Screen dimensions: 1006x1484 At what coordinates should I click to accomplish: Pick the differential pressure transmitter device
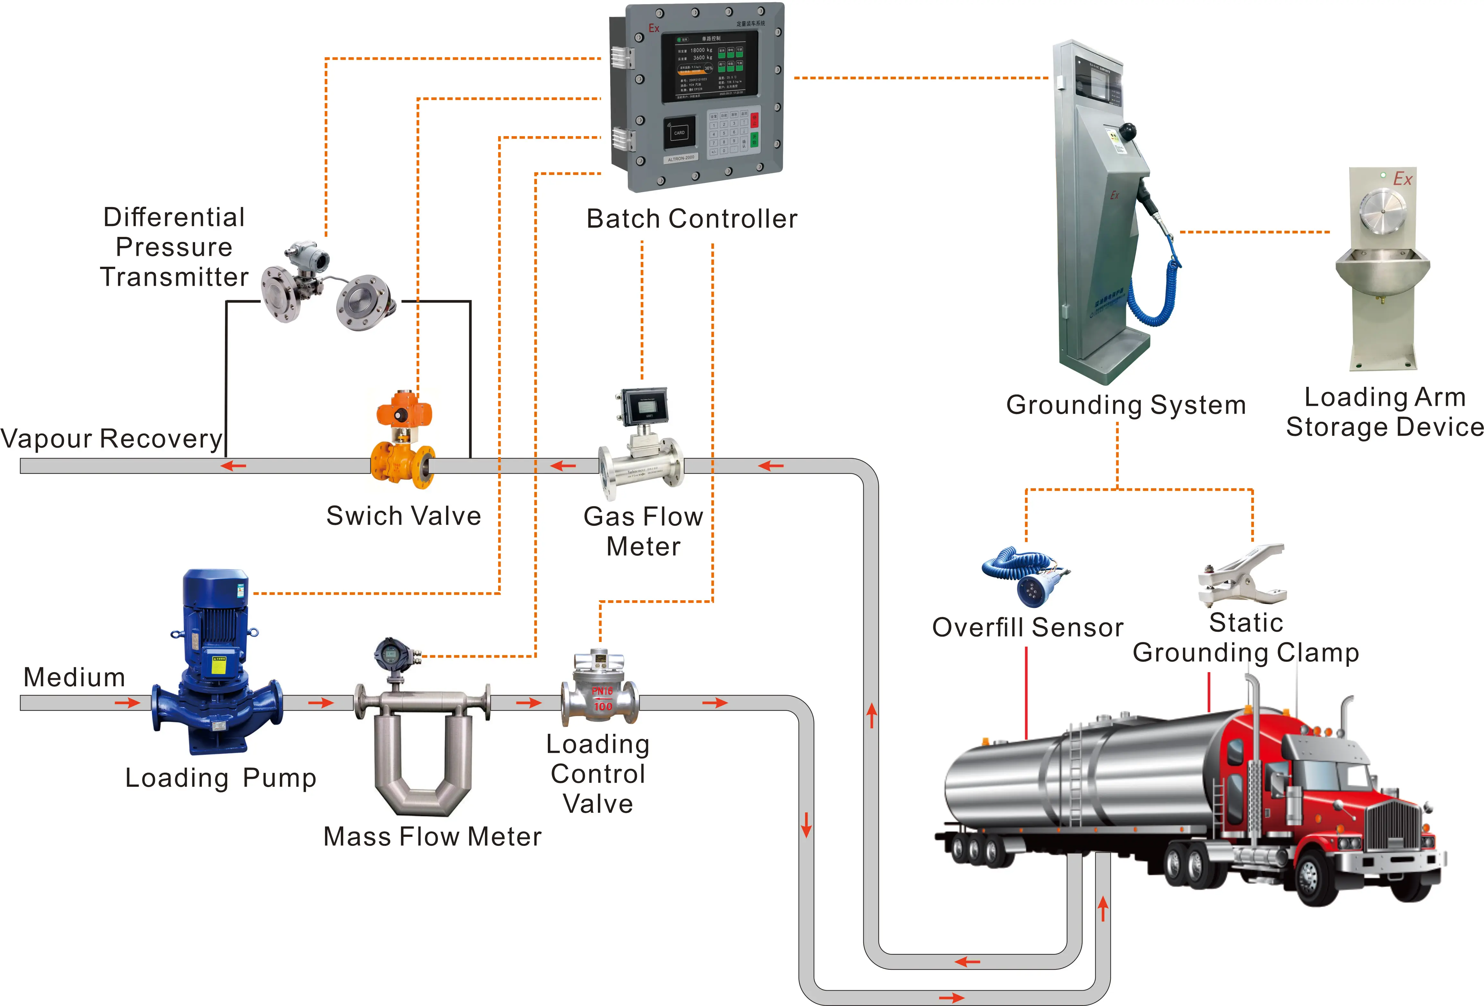tap(326, 287)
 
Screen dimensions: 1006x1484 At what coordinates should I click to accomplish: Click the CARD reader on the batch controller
tap(679, 133)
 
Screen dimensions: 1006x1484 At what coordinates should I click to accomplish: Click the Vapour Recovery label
tap(112, 439)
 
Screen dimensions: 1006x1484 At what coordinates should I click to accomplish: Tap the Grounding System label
tap(1126, 405)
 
